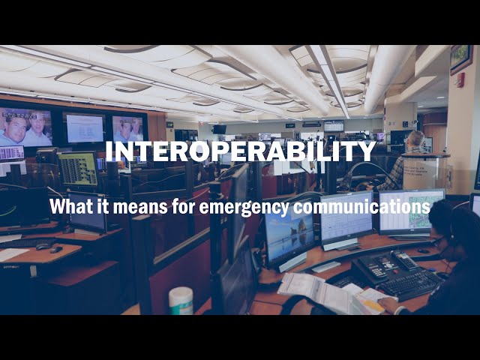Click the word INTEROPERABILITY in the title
240,151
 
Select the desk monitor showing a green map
411,211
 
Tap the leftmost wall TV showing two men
25,127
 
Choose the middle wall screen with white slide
83,127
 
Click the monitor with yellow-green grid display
78,169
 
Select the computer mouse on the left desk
43,246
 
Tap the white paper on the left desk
13,254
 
